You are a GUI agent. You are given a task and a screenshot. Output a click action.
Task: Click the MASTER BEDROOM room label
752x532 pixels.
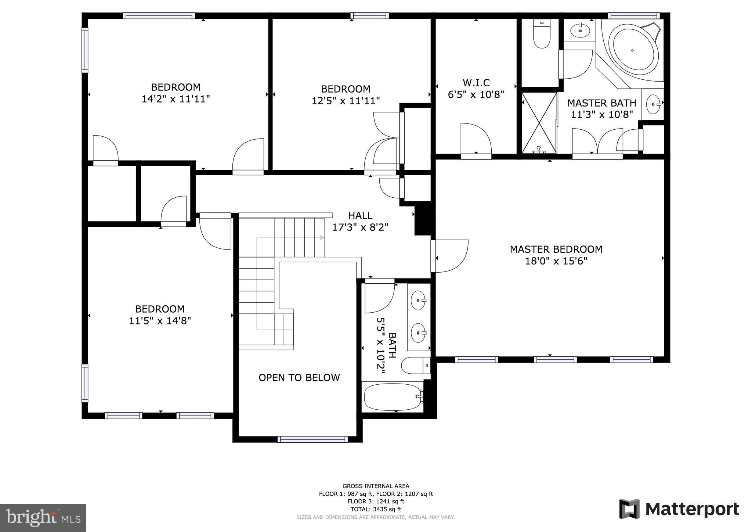[x=556, y=249]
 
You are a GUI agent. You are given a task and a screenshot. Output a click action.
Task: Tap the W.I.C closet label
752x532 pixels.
[x=476, y=83]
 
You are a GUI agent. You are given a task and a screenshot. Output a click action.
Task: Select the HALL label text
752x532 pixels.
[x=360, y=215]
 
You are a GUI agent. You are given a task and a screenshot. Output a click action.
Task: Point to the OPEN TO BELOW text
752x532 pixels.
[x=299, y=378]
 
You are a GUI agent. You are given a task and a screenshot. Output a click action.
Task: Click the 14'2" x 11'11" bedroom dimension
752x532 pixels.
[x=176, y=99]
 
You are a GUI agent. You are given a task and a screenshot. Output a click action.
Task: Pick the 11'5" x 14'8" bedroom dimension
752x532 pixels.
[x=160, y=321]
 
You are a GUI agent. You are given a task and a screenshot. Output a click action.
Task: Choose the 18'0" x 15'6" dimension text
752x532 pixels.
[x=556, y=261]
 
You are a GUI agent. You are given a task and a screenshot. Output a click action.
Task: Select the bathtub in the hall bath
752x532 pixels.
[x=393, y=397]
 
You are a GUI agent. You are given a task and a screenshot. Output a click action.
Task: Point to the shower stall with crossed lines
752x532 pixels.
[x=539, y=123]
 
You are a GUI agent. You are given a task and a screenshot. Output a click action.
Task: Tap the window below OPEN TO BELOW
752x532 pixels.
[x=312, y=439]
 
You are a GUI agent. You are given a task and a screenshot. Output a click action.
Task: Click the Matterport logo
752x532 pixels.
[x=679, y=509]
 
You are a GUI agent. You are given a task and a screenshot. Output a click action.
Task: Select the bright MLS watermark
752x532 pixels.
[x=43, y=518]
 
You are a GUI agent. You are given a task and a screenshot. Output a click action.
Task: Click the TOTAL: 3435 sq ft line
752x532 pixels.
[x=376, y=509]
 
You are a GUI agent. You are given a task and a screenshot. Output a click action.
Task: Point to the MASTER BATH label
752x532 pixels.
[x=602, y=103]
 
